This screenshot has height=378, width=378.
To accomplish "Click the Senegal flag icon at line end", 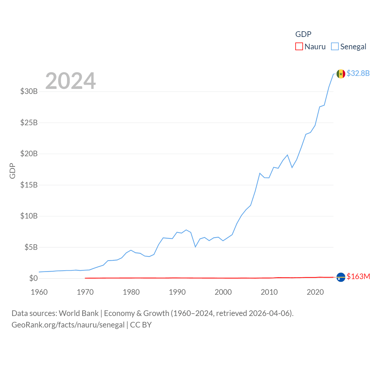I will tap(341, 74).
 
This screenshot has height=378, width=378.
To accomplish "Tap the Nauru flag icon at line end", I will tap(341, 277).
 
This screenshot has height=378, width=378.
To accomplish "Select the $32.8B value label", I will tap(358, 73).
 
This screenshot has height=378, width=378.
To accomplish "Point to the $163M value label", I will tap(358, 276).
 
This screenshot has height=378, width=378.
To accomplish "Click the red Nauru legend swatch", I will tap(299, 47).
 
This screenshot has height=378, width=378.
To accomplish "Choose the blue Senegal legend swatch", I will tap(335, 47).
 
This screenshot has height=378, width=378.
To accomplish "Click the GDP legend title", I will tap(303, 34).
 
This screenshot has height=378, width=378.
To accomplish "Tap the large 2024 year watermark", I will tap(70, 81).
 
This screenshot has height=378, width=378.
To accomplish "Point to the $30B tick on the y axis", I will tap(29, 91).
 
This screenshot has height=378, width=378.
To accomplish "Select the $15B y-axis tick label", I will tap(29, 185).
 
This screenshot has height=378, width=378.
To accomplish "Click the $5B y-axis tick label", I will tap(31, 247).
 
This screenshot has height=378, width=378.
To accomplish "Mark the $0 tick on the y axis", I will tap(33, 278).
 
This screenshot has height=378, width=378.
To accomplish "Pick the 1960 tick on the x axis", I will tap(39, 292).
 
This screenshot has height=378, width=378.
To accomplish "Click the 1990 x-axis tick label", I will tap(177, 292).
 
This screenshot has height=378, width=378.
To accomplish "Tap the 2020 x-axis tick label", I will tap(315, 292).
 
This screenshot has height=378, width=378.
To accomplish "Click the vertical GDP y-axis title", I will tap(12, 171).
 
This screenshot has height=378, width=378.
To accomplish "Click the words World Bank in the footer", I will tap(79, 313).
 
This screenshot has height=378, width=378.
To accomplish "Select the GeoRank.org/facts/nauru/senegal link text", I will tap(68, 325).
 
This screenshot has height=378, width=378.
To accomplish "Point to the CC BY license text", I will tap(141, 325).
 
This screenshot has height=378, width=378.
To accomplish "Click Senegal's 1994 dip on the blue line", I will tap(195, 247).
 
